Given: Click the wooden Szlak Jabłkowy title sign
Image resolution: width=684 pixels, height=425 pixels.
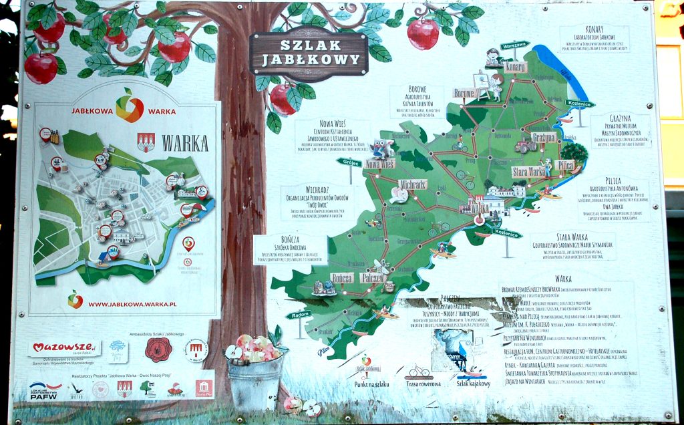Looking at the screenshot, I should pos(308,54).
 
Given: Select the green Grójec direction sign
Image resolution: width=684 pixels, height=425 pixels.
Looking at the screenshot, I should pos(348,162).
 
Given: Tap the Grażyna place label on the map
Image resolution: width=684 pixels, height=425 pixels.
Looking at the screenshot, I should pos(544,138).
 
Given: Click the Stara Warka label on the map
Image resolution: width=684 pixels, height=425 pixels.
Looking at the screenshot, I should pos(528,172).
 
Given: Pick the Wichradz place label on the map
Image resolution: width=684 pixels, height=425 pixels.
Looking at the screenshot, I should pos(412,184).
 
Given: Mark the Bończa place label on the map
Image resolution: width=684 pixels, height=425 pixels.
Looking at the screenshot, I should pos(342,277).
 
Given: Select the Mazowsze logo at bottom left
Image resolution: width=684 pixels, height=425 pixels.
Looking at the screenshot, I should pos(63,348).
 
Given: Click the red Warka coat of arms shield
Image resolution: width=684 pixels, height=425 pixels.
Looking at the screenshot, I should pos(146,142).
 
